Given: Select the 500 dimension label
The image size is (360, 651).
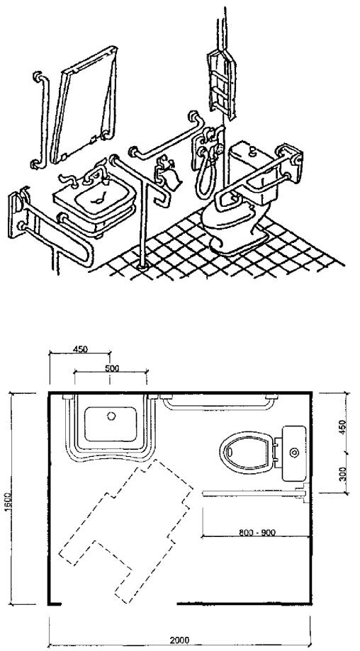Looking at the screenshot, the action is pyautogui.click(x=112, y=368).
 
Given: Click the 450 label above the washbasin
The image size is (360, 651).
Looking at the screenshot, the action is pyautogui.click(x=80, y=349).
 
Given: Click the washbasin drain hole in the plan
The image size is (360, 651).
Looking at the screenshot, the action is pyautogui.click(x=111, y=416).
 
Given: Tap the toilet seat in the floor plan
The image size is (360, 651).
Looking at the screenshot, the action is pyautogui.click(x=247, y=452).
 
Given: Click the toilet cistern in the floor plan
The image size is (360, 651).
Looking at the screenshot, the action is pyautogui.click(x=294, y=453).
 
